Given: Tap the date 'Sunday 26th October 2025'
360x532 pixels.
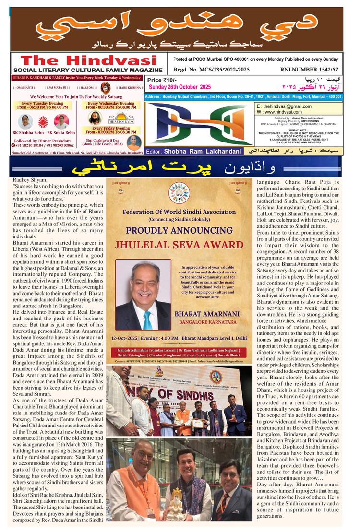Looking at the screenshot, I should click(x=180, y=87).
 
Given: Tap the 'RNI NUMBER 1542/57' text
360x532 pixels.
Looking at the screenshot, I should click(x=311, y=70).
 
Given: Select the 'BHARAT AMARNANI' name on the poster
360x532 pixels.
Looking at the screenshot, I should click(x=208, y=313).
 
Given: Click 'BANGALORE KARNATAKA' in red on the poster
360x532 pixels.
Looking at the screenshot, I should click(x=208, y=322).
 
